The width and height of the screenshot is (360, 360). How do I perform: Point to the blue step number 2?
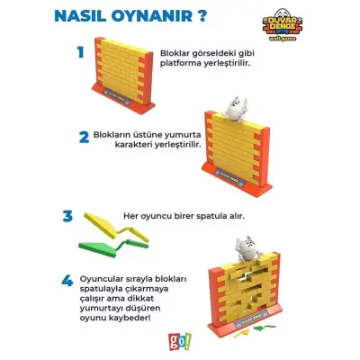pos(84,137)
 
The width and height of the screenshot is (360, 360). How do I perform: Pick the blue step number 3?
pos(67,216)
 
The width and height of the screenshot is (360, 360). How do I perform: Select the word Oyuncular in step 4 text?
pos(103,256)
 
